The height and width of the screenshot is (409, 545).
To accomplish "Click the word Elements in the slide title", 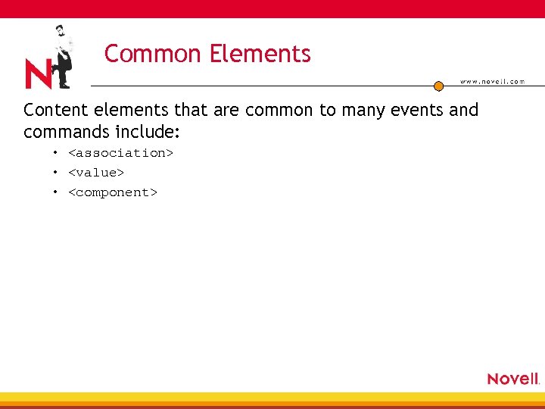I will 260,54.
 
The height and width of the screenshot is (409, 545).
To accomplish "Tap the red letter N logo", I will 38,74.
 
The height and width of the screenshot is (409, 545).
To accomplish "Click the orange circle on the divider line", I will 438,86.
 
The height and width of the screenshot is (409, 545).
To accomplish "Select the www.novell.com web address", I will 492,82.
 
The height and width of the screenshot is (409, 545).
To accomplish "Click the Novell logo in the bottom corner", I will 512,379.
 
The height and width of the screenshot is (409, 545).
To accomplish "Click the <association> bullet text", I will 121,153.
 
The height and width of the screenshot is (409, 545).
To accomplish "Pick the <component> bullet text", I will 113,192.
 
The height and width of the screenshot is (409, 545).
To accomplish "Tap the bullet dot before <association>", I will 55,153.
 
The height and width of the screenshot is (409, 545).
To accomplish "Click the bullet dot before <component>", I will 55,192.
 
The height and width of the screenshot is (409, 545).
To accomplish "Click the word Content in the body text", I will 54,110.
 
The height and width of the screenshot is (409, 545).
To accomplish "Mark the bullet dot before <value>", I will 55,173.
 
